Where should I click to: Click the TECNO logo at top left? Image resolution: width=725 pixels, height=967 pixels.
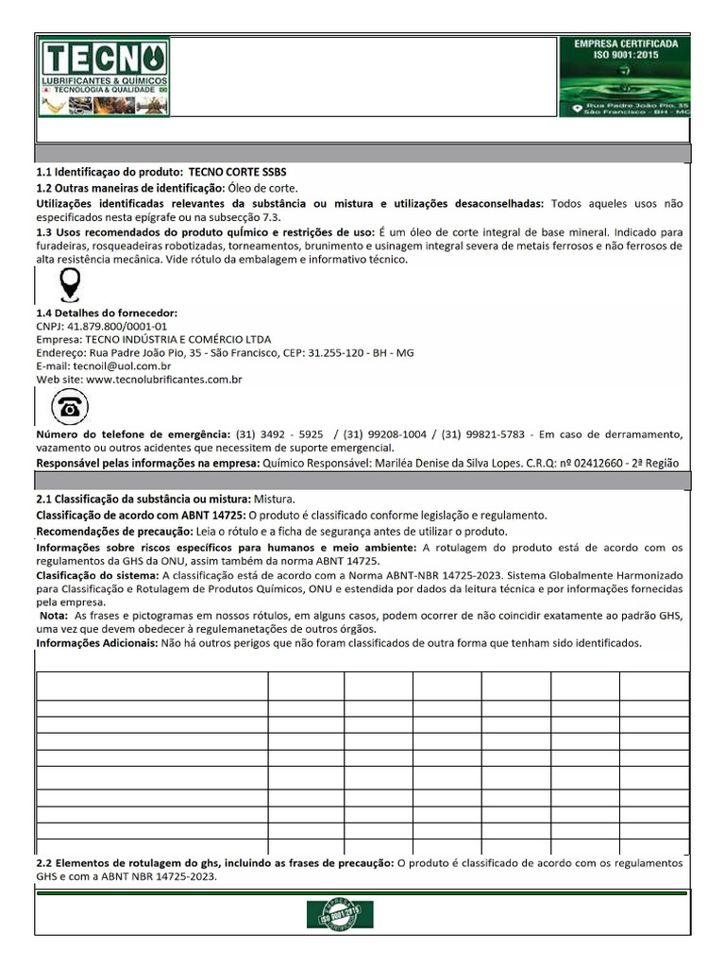(x=104, y=77)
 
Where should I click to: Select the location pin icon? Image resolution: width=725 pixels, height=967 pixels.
(x=69, y=284)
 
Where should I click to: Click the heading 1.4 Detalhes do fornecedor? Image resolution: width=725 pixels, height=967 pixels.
(x=106, y=313)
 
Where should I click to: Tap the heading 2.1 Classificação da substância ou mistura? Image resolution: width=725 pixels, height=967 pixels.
(x=142, y=498)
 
